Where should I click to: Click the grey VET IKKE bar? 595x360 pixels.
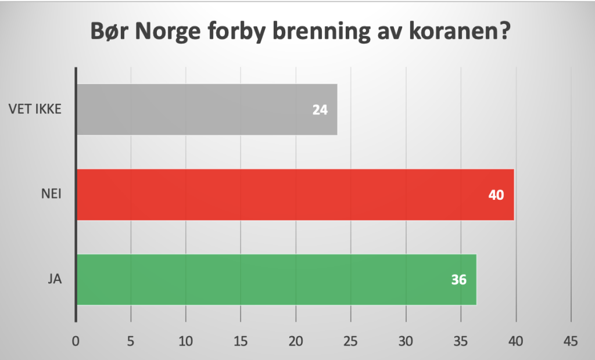(x=206, y=110)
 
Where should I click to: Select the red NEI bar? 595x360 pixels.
(x=295, y=195)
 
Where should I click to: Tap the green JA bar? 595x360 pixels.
(x=277, y=280)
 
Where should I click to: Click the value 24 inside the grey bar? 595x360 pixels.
(x=320, y=110)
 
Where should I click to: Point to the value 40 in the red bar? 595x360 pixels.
(x=497, y=195)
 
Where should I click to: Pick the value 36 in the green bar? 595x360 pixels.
(x=459, y=280)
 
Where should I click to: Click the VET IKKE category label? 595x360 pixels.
(x=35, y=109)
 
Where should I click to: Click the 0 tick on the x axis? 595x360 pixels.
(x=76, y=341)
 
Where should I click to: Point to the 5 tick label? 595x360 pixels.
(x=131, y=341)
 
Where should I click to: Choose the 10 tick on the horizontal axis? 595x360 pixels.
(x=186, y=341)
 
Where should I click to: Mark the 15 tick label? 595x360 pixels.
(x=241, y=341)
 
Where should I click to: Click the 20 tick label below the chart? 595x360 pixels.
(x=296, y=341)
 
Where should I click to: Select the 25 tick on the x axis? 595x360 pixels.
(x=351, y=341)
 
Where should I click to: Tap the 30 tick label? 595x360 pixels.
(x=406, y=341)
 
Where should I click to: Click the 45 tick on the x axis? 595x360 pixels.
(x=571, y=341)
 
